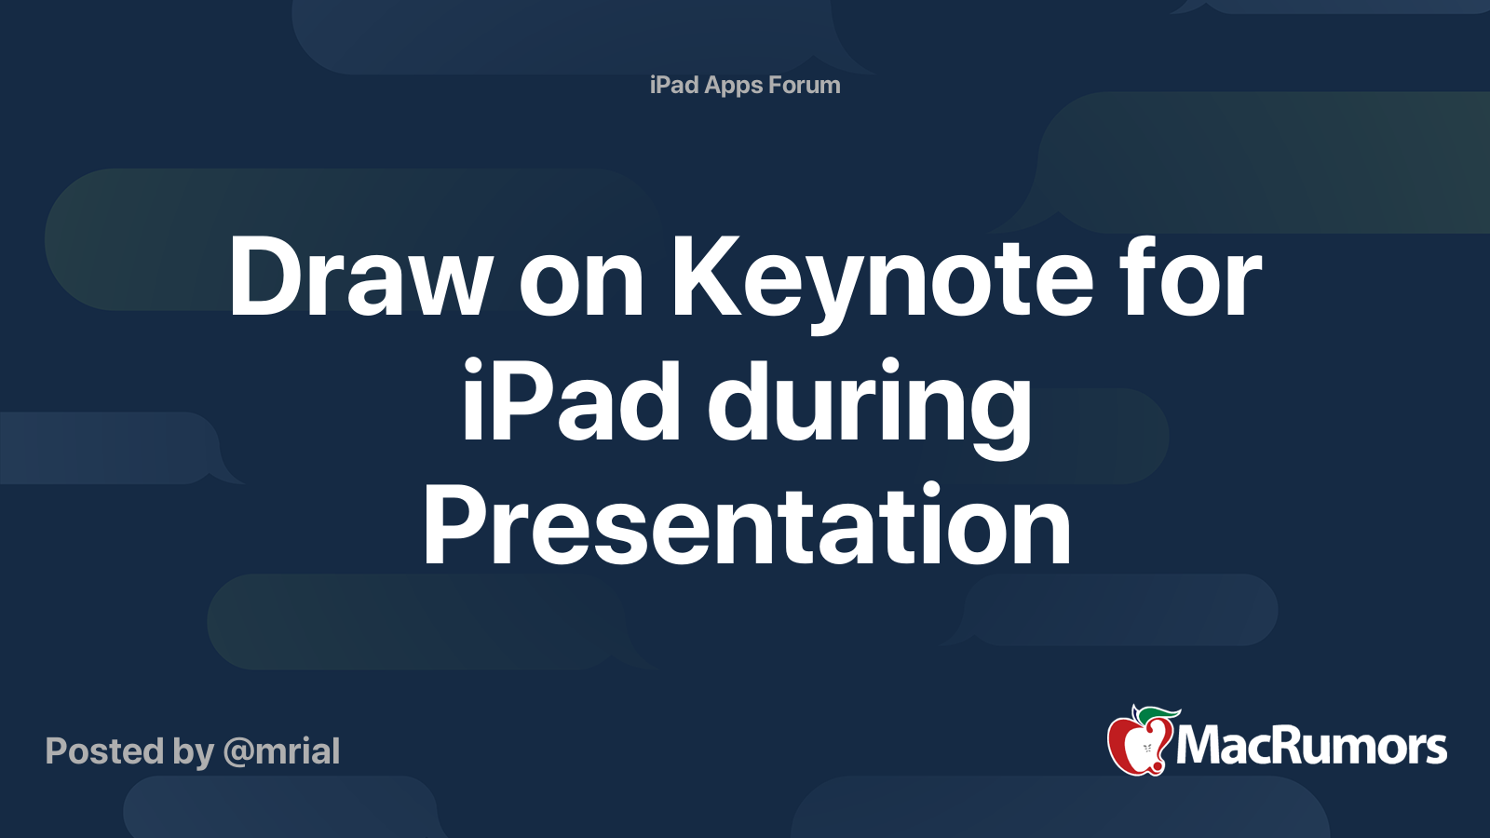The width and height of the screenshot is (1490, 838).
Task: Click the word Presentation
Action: click(x=747, y=524)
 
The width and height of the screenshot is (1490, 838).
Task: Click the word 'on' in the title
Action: click(x=581, y=285)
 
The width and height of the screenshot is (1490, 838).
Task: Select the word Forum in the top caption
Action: click(x=805, y=85)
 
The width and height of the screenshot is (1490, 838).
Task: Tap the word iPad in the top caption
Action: click(x=674, y=85)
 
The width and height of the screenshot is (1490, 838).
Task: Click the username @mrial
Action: click(x=281, y=751)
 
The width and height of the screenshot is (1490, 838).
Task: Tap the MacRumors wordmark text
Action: click(x=1311, y=746)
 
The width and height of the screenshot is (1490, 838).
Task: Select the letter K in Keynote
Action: click(x=706, y=277)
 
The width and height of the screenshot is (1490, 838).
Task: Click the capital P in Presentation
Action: click(x=457, y=524)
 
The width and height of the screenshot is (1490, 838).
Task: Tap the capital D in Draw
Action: click(x=266, y=277)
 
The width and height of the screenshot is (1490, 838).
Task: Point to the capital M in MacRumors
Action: click(x=1203, y=746)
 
